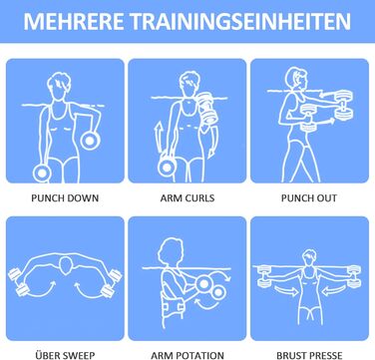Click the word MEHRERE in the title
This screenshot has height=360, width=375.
point(73,22)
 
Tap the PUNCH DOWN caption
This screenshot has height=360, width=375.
point(65,198)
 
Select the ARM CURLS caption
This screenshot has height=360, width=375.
point(187,198)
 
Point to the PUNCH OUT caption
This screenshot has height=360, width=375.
point(309,198)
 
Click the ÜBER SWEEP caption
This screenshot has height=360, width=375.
point(65,355)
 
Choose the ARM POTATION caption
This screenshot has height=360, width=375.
point(187,355)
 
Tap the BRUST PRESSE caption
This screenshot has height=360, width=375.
point(309,355)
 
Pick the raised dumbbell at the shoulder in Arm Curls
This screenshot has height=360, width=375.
point(207,109)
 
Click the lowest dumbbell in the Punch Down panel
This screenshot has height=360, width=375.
point(42,174)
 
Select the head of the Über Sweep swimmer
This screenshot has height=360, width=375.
point(66,265)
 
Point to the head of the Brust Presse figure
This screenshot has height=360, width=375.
point(309,258)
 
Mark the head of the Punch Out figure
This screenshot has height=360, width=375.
point(296,80)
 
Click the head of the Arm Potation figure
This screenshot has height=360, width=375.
point(171,251)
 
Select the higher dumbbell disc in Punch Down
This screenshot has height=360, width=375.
point(90,141)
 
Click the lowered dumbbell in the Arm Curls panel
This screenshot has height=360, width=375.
point(166,167)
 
